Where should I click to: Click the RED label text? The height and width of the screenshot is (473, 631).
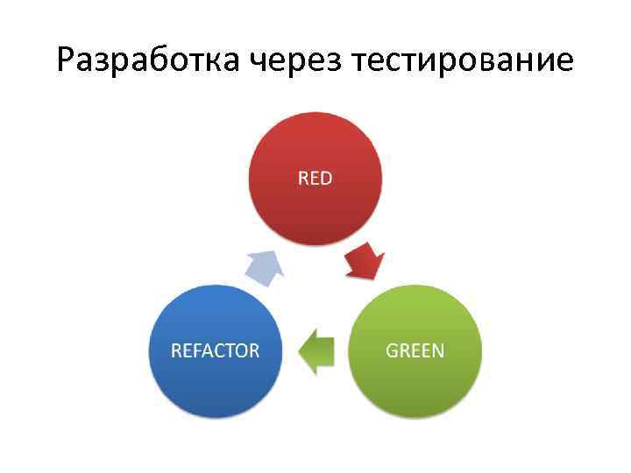[x=315, y=179]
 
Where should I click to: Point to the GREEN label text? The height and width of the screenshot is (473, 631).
[x=415, y=351]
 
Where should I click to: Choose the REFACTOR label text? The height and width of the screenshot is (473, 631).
[x=216, y=351]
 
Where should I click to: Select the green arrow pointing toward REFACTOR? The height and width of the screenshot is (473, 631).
[x=317, y=351]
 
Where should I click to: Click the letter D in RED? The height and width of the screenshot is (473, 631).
[x=326, y=179]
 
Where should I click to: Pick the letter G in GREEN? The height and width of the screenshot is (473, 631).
[x=392, y=351]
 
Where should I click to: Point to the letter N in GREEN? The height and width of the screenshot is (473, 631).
[x=437, y=351]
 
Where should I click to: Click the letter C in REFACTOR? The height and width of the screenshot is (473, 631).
[x=217, y=351]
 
